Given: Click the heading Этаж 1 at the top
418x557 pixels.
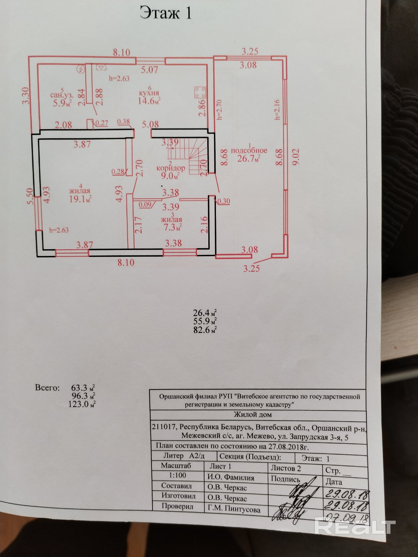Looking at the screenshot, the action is click(165, 13).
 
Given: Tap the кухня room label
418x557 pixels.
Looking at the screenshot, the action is click(149, 93).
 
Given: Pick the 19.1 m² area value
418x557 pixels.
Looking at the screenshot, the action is click(80, 199).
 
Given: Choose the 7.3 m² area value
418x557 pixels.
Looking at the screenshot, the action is click(171, 228).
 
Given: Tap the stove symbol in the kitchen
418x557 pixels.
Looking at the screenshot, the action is click(200, 93).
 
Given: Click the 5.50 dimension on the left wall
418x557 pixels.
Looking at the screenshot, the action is click(30, 196).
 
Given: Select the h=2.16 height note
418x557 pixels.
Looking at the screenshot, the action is click(277, 109).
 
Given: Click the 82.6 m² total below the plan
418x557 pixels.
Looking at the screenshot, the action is click(205, 329).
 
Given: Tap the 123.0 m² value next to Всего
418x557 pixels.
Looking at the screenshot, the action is click(83, 404).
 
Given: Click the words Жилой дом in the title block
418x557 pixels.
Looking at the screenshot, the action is click(253, 415).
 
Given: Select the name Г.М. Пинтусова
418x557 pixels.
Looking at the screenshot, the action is click(234, 510).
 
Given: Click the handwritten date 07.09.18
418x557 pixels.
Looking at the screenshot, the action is click(346, 517).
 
